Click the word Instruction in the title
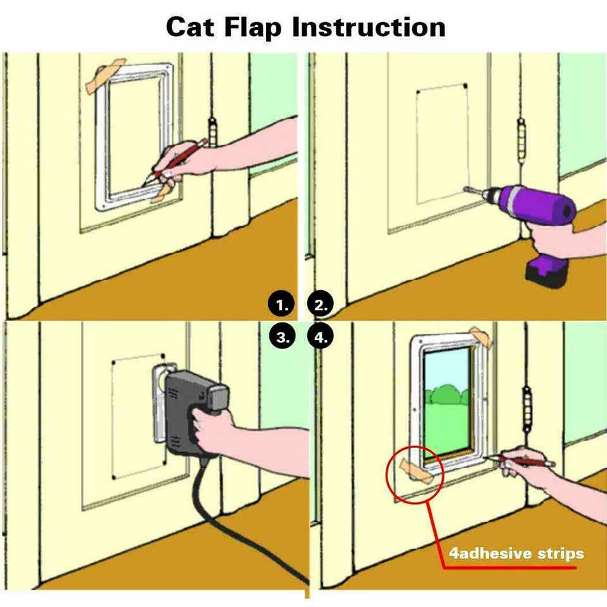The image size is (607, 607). (x=369, y=27)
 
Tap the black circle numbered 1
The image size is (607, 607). (x=282, y=305)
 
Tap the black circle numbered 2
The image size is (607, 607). (x=321, y=305)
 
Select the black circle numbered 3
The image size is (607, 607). (x=282, y=337)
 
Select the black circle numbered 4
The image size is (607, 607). (x=321, y=337)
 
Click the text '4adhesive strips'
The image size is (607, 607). (x=516, y=554)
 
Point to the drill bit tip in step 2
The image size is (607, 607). (x=467, y=188)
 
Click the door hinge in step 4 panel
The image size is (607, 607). (x=526, y=405)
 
